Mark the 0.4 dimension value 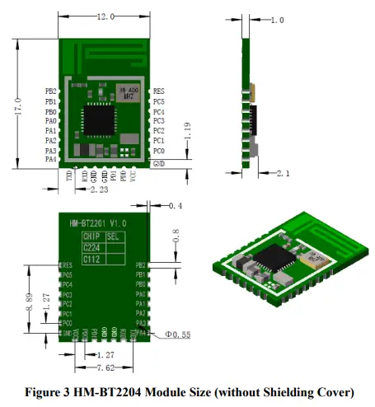click(x=175, y=205)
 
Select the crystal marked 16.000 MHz click(x=129, y=96)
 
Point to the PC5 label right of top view click(x=159, y=101)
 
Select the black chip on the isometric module click(x=274, y=261)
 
